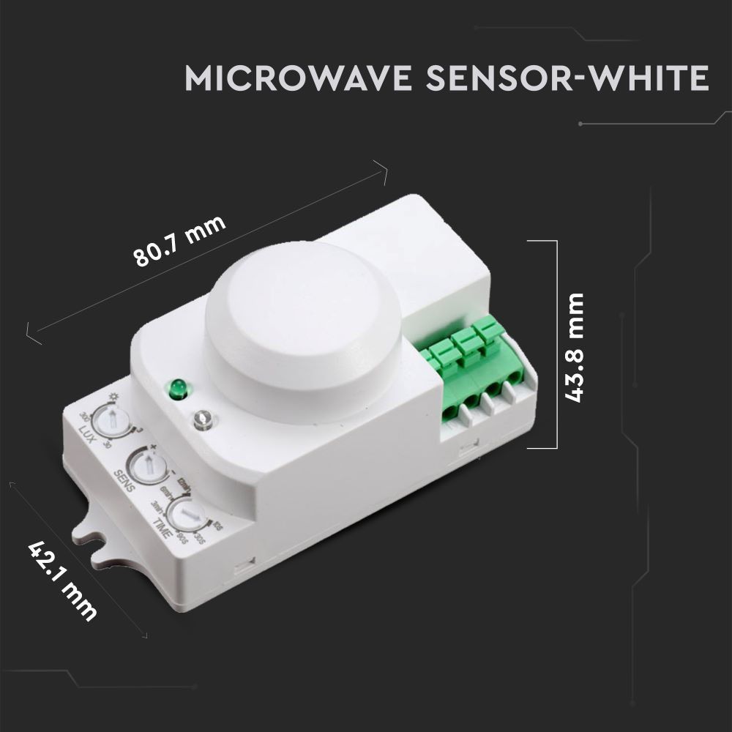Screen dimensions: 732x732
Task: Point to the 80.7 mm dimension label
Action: click(x=180, y=243)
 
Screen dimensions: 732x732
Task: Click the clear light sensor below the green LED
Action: click(x=203, y=420)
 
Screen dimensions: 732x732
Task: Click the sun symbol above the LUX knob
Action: click(x=113, y=397)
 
